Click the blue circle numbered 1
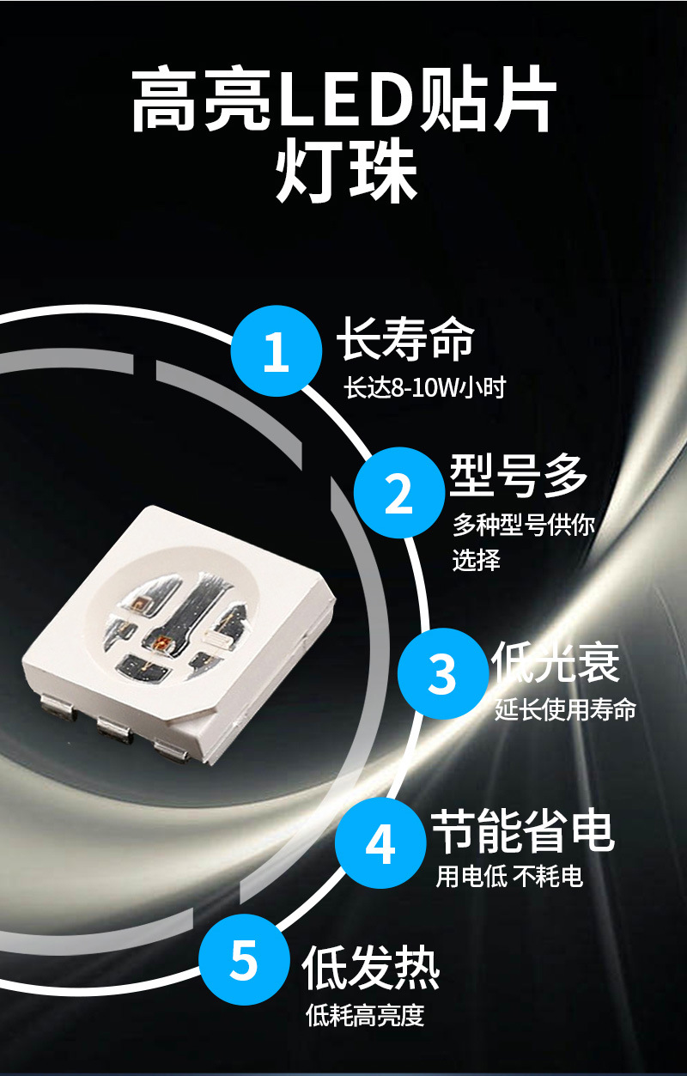point(277,350)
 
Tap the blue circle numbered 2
point(399,492)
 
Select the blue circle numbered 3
point(443,673)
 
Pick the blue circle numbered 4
point(380,843)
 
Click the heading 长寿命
point(405,338)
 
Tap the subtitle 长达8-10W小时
point(425,387)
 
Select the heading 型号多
point(519,476)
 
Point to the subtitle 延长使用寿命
point(565,709)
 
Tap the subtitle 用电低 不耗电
point(509,876)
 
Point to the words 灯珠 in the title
point(346,173)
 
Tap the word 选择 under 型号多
point(476,560)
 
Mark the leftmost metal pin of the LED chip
point(58,708)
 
